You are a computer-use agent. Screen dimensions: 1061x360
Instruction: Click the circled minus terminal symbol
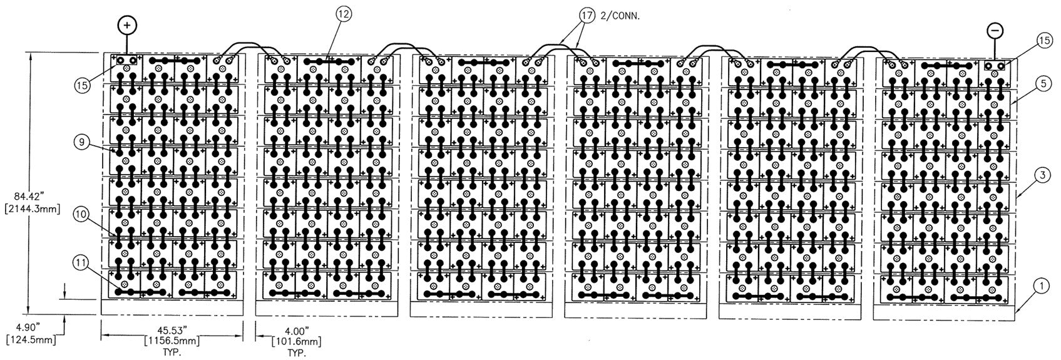(x=995, y=30)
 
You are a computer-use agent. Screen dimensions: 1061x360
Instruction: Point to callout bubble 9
(x=82, y=141)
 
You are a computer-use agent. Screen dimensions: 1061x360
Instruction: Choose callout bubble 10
(x=81, y=214)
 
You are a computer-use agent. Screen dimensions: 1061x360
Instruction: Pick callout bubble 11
(x=81, y=264)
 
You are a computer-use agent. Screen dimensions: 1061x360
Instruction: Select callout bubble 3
(x=1042, y=175)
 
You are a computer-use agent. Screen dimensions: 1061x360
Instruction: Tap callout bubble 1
(x=1041, y=286)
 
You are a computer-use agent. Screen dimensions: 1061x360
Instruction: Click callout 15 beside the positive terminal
(x=83, y=85)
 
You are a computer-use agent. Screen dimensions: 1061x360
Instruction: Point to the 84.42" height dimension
(x=32, y=195)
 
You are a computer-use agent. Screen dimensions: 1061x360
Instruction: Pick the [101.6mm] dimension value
(x=296, y=341)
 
